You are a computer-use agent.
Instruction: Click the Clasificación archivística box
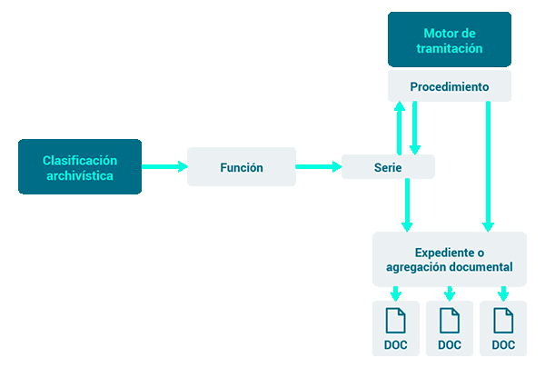80,166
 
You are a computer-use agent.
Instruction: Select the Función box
242,166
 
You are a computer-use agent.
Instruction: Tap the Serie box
388,167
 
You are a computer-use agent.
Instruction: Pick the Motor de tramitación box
450,39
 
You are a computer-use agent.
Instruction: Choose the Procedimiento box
450,86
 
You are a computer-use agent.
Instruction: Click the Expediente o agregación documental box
450,259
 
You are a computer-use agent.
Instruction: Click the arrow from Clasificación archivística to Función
164,166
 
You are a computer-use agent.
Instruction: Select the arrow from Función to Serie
319,166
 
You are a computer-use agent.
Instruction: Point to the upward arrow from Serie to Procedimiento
400,128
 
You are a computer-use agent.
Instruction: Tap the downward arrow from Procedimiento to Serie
415,128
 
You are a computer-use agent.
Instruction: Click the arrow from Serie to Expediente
407,205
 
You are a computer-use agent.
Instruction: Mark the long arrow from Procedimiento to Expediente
488,166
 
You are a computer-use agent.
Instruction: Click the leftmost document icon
395,321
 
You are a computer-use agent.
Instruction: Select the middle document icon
450,321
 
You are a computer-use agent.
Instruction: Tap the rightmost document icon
503,321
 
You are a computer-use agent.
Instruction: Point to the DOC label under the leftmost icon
395,344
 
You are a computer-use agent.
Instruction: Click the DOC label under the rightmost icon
503,344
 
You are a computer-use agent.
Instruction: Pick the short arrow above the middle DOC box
450,293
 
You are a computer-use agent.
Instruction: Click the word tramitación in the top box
450,48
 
